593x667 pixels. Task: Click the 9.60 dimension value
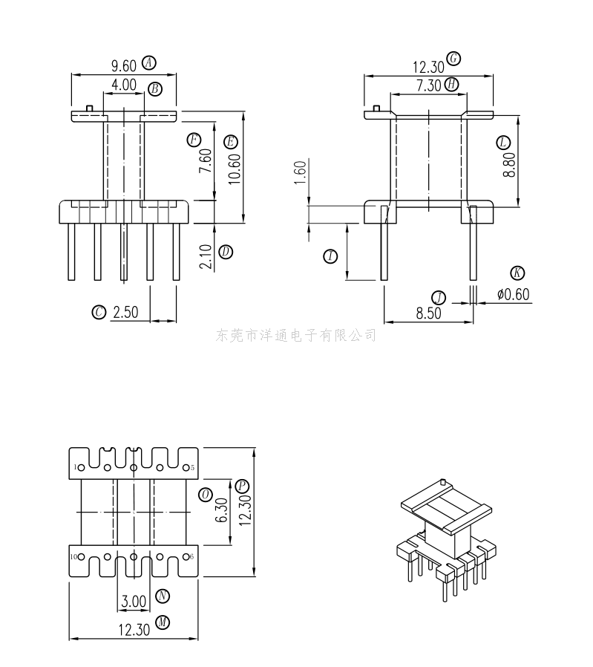(124, 65)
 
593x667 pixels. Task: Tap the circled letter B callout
(155, 89)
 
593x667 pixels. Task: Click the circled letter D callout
(226, 252)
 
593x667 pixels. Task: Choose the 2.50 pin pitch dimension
(125, 313)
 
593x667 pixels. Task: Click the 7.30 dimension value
(429, 85)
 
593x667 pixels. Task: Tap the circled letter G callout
(454, 59)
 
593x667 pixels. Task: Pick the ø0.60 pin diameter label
(513, 295)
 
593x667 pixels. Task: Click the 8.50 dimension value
(428, 313)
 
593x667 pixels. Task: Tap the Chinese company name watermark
(296, 336)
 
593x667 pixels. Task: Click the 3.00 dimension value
(134, 600)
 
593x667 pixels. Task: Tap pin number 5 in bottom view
(191, 467)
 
